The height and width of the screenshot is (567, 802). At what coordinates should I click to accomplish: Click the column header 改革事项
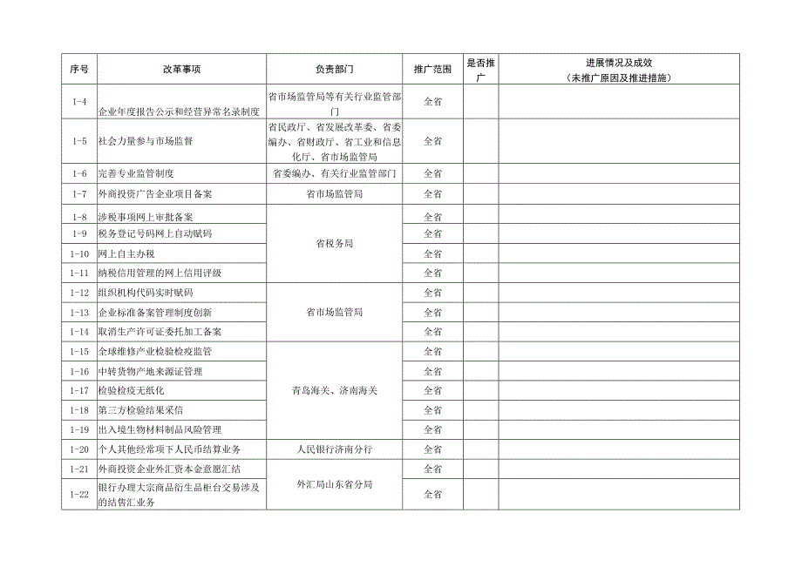(x=181, y=68)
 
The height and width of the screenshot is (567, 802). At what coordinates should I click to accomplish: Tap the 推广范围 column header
(x=432, y=68)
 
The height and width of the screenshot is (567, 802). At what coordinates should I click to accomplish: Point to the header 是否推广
(x=480, y=68)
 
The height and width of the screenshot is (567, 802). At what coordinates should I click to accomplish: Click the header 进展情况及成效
(x=619, y=68)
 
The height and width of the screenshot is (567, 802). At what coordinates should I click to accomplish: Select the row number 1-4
(x=79, y=102)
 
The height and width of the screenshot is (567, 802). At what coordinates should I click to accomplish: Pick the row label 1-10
(x=79, y=253)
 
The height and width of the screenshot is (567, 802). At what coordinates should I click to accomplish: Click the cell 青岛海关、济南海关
(x=335, y=390)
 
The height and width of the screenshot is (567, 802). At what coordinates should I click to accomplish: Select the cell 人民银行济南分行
(x=335, y=449)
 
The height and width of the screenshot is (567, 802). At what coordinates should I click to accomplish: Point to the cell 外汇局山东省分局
(x=335, y=484)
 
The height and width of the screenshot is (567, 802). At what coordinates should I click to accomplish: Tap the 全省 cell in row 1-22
(x=432, y=494)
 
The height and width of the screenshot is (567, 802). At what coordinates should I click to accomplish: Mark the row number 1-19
(x=79, y=429)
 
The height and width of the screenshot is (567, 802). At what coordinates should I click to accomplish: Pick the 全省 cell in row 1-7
(x=432, y=193)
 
